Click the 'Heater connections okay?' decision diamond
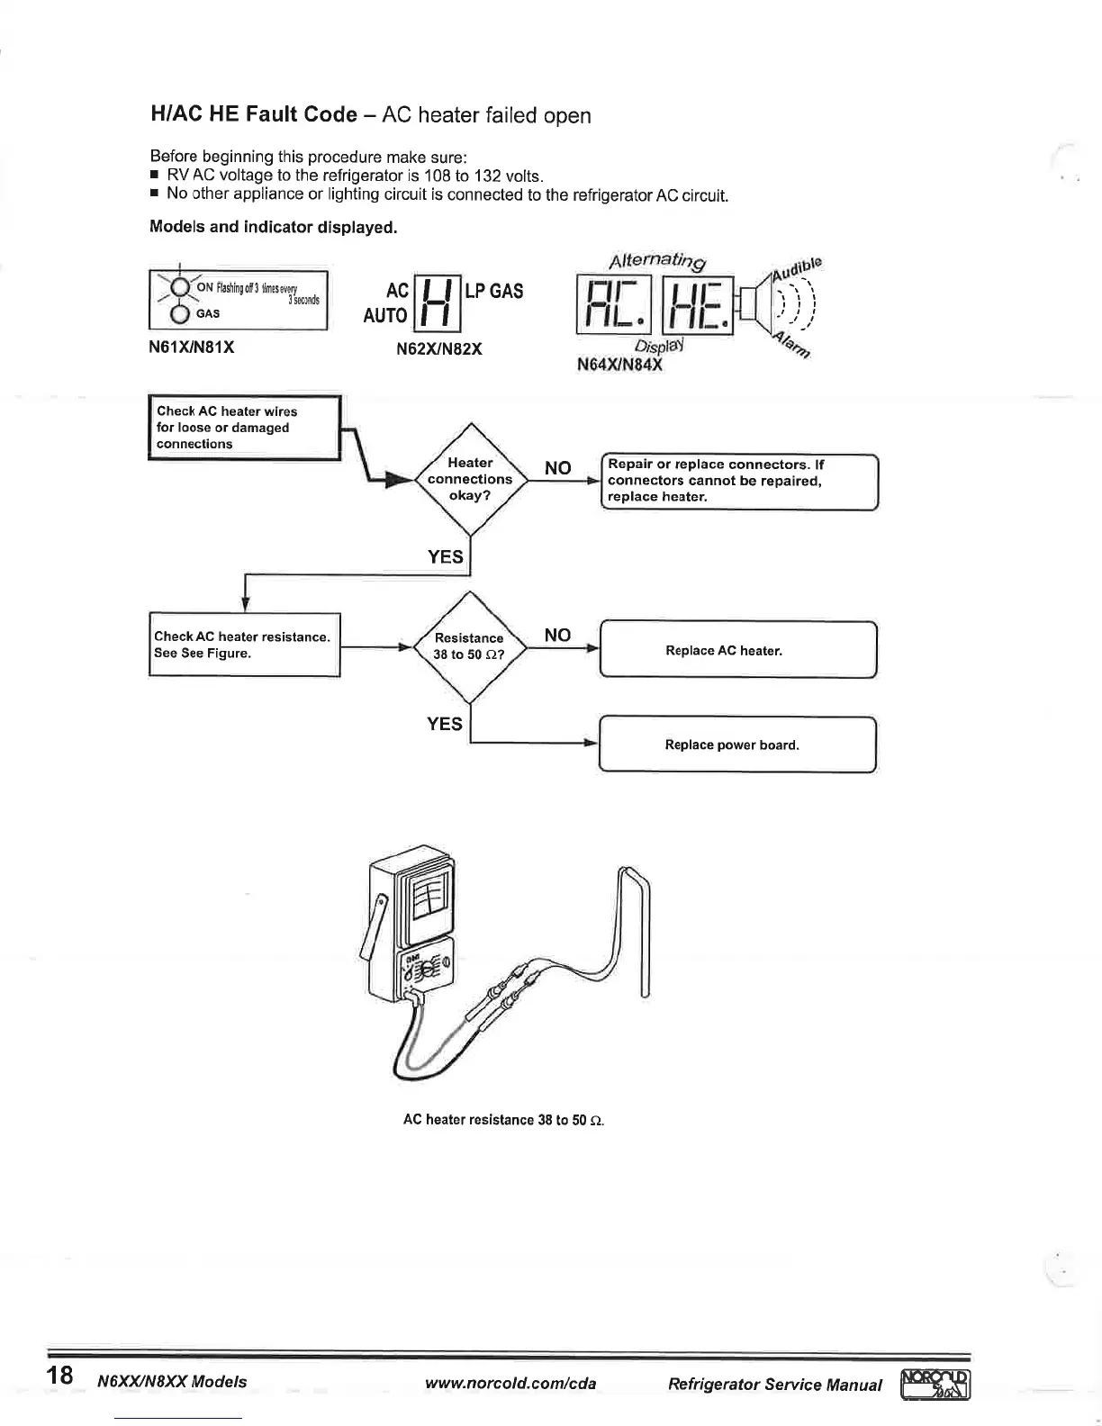click(x=469, y=479)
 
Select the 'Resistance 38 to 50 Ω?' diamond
click(x=468, y=646)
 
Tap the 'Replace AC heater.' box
click(x=737, y=650)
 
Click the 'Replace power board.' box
click(x=737, y=745)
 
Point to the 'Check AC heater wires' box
click(x=244, y=428)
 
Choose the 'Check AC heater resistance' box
click(x=245, y=645)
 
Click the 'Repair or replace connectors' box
click(x=738, y=481)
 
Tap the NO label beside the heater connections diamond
click(x=558, y=467)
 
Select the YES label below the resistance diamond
click(x=445, y=724)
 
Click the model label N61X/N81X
click(x=192, y=347)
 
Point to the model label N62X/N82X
click(x=439, y=348)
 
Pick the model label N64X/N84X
click(x=619, y=366)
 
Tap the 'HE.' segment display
click(x=698, y=303)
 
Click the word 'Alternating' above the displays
click(x=657, y=261)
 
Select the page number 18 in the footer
click(x=60, y=1375)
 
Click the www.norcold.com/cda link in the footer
click(x=510, y=1383)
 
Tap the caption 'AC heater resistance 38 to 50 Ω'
click(x=503, y=1120)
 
